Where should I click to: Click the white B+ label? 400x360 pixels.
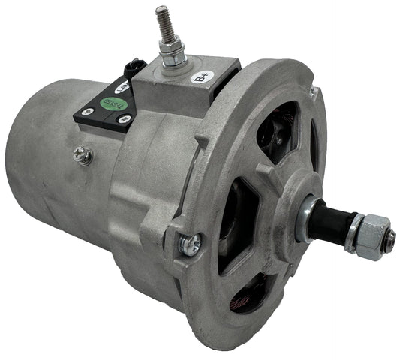(201, 76)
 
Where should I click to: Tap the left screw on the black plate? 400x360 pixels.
(86, 113)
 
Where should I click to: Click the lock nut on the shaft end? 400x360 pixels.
(372, 234)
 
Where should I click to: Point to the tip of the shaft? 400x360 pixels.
(391, 238)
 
